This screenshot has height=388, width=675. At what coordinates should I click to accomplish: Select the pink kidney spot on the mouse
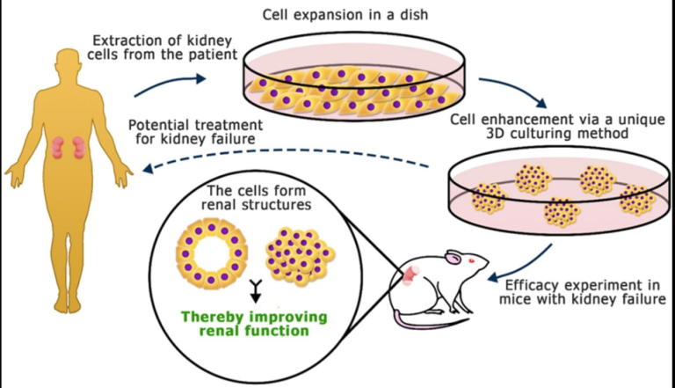[410, 279]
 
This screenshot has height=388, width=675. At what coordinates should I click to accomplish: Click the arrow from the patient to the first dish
[171, 81]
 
